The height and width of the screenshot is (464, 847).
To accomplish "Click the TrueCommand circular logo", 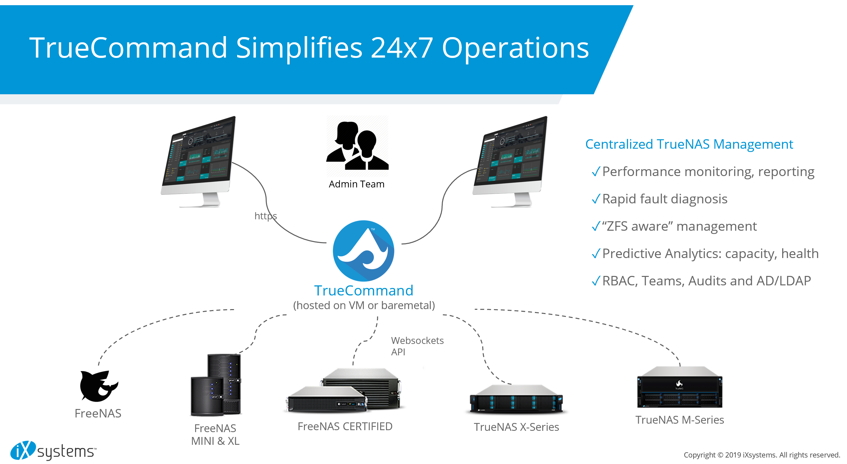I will coord(363,251).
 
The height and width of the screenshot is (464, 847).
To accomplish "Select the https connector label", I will coord(266,216).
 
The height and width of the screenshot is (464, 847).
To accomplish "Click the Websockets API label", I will coord(417,346).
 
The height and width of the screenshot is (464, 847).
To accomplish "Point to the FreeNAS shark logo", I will coord(98,386).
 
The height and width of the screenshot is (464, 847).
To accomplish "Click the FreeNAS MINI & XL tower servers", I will coord(216,385).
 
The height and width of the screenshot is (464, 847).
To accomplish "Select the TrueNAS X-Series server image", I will coord(516,399).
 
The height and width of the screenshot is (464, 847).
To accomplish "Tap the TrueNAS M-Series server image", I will coord(679,388).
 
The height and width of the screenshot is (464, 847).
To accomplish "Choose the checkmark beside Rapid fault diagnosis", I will coord(596,199).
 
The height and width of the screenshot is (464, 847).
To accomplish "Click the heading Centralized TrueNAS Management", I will coord(689,144).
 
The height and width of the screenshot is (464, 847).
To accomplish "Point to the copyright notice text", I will coord(761,455).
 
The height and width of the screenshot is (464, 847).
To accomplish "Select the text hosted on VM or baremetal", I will coord(364,305).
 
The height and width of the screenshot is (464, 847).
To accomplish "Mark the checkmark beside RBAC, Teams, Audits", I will coord(596,281).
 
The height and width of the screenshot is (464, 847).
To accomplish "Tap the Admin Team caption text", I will coord(356,184).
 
